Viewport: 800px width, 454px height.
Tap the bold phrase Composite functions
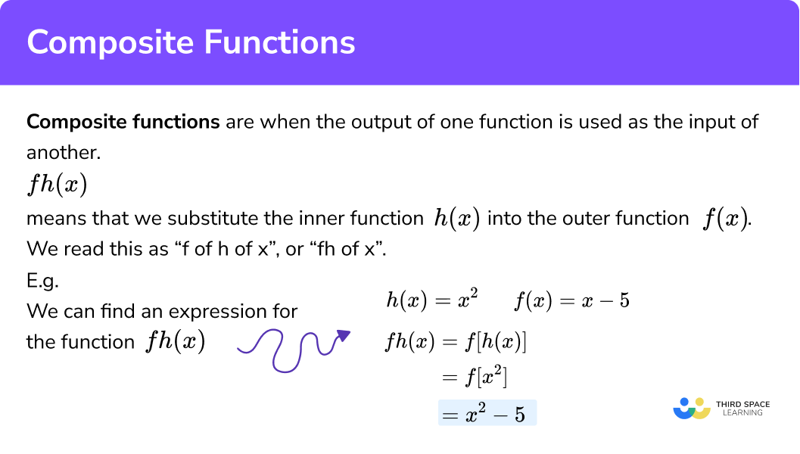coord(123,122)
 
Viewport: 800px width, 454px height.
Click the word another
coord(63,152)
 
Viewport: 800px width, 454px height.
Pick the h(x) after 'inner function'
coord(456,219)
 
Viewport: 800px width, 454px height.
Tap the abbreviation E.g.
coord(42,280)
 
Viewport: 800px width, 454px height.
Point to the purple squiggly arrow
coord(294,349)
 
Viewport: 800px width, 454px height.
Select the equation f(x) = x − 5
coord(572,301)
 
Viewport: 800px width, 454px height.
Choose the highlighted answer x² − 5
coord(487,413)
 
